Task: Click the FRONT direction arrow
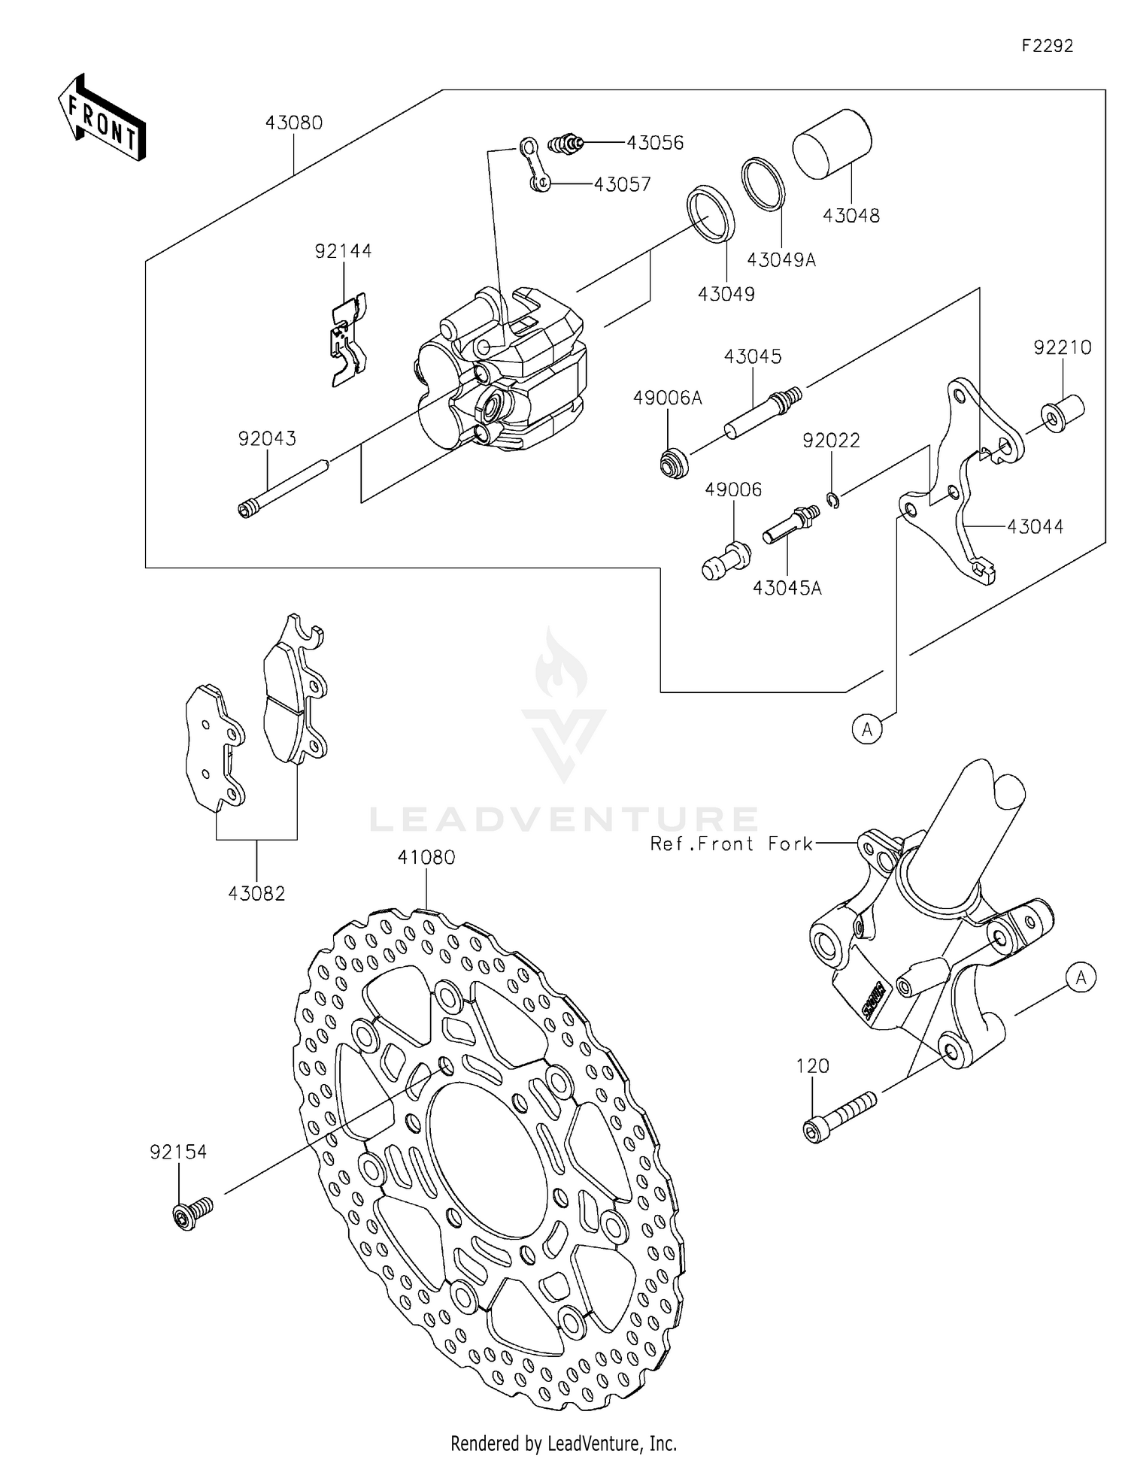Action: click(102, 118)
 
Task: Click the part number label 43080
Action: click(293, 123)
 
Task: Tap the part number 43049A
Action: click(781, 260)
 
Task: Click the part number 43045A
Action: click(787, 588)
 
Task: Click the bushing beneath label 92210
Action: click(1062, 414)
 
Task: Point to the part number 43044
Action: click(1035, 527)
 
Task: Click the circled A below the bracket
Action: click(867, 728)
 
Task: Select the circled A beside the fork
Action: click(1081, 978)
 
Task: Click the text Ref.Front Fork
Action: click(732, 844)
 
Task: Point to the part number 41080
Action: click(426, 857)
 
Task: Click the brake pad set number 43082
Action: click(256, 893)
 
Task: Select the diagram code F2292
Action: click(1047, 46)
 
